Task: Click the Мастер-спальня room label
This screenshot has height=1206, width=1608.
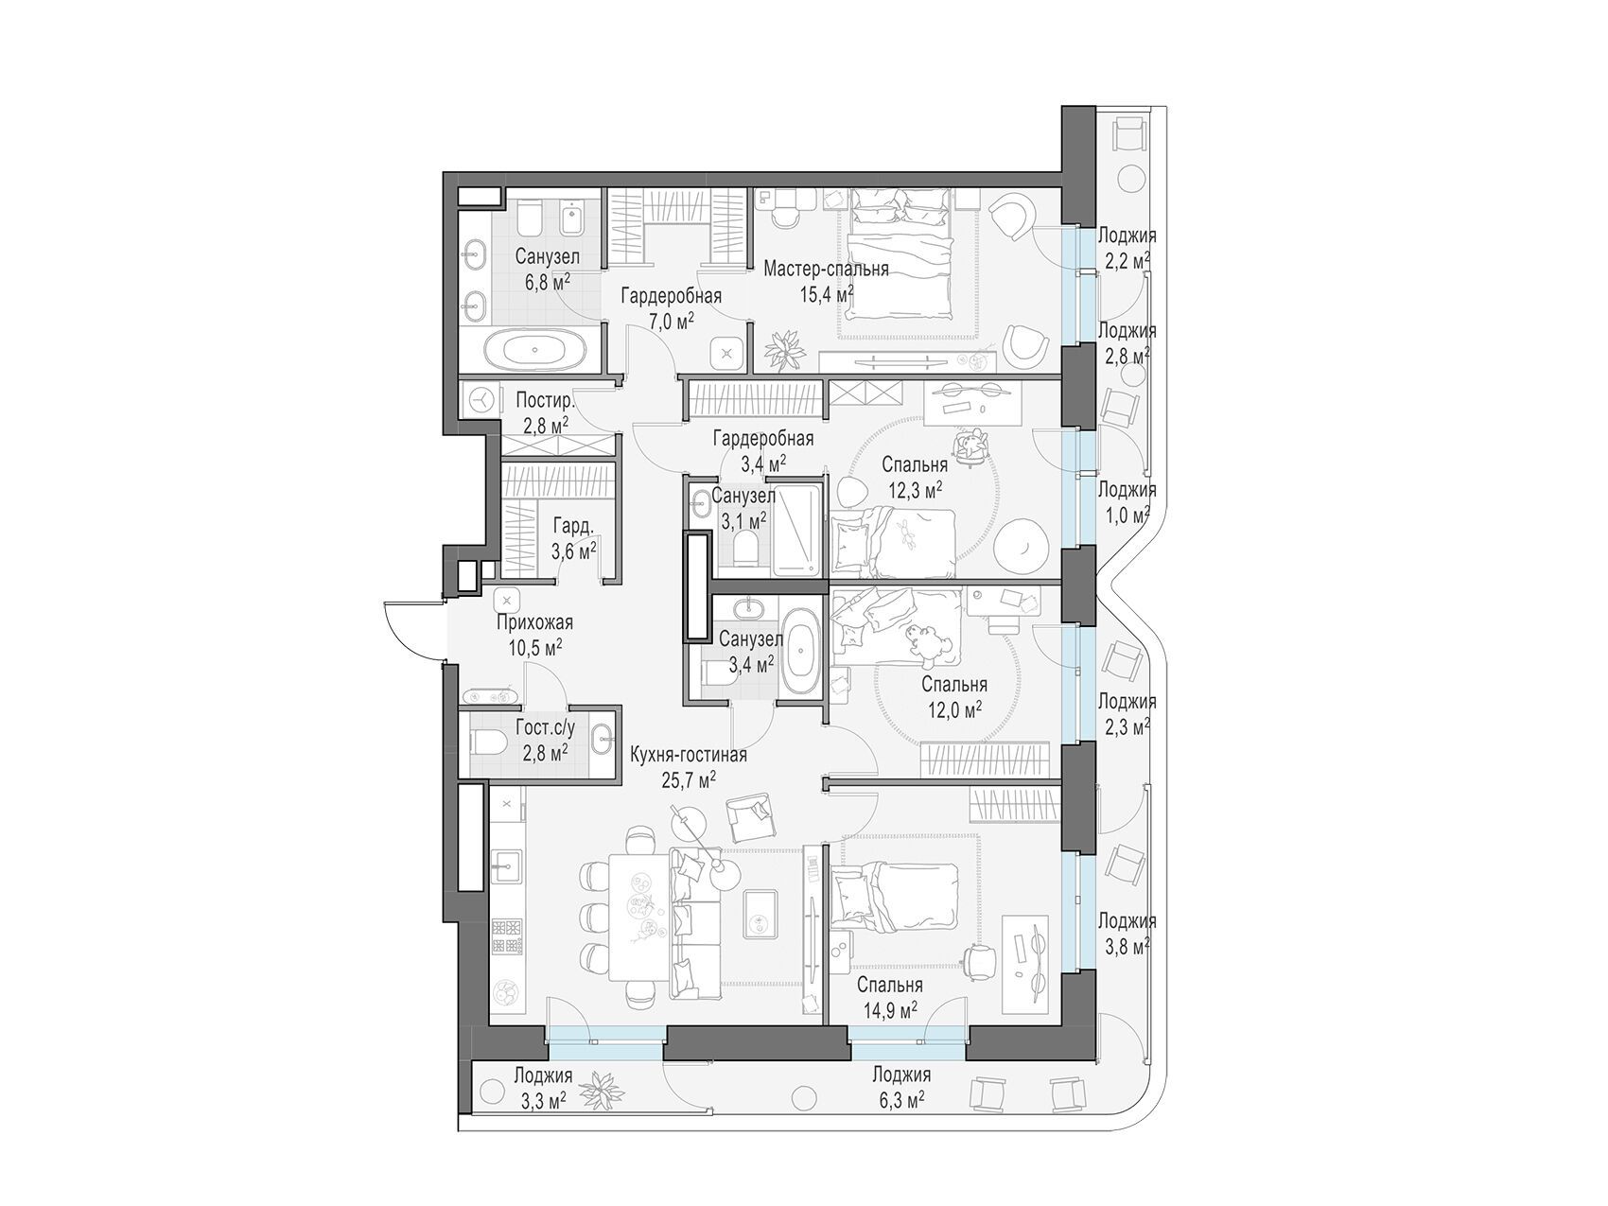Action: [x=826, y=270]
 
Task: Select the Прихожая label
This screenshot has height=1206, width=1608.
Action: [x=535, y=623]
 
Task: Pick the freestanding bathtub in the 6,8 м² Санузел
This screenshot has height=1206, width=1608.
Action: [x=534, y=349]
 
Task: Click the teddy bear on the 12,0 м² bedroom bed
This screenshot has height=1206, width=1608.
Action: [x=920, y=639]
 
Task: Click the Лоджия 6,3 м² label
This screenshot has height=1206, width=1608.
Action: [x=901, y=1087]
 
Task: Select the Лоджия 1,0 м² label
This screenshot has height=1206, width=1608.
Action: [x=1126, y=501]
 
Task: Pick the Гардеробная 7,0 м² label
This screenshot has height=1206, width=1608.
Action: [x=671, y=307]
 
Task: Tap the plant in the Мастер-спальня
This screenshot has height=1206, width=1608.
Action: [x=783, y=351]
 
